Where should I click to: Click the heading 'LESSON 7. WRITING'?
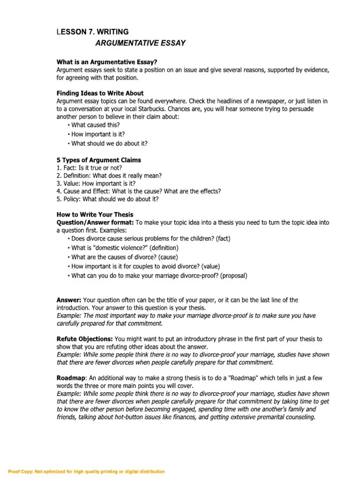pos(92,32)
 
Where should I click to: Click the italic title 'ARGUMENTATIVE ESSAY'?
pos(140,44)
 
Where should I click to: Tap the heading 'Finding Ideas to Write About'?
pos(100,93)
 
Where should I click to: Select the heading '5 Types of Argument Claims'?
pos(98,160)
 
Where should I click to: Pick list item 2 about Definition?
pos(109,176)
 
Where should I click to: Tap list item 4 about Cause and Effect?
pos(138,191)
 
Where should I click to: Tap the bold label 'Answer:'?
pos(69,300)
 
